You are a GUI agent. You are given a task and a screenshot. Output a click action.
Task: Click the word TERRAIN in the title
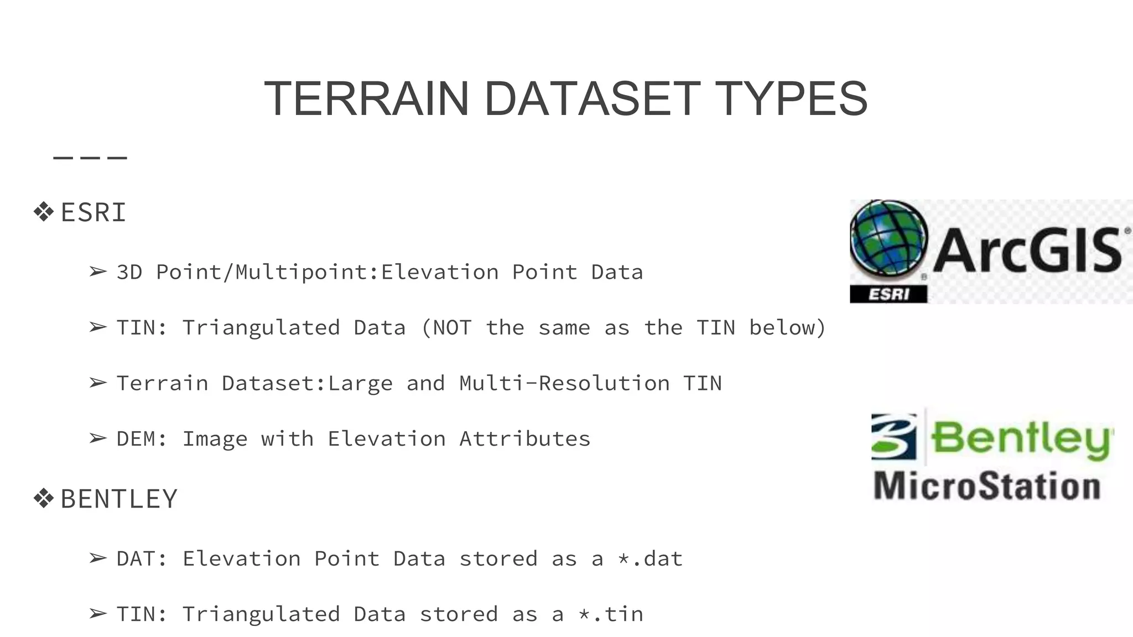[x=366, y=98]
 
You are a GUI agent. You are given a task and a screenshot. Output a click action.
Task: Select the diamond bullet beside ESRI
[x=43, y=212]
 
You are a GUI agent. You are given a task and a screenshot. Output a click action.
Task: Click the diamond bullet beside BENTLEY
[x=43, y=498]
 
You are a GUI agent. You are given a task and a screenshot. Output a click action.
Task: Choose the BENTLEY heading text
[x=119, y=499]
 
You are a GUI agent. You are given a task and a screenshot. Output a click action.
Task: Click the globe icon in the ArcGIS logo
[x=888, y=238]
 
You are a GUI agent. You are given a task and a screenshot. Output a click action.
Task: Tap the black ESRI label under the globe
[x=888, y=294]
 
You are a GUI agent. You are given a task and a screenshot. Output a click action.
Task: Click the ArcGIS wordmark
[x=1028, y=250]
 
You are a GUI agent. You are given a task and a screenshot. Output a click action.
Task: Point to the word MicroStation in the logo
[x=987, y=486]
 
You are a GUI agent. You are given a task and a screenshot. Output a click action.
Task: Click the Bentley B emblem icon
[x=893, y=437]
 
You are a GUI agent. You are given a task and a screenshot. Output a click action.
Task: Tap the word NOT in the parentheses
[x=451, y=328]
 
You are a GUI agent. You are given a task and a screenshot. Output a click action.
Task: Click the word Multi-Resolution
[x=564, y=383]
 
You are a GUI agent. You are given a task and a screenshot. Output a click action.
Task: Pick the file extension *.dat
[x=650, y=558]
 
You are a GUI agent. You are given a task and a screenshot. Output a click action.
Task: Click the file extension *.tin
[x=611, y=614]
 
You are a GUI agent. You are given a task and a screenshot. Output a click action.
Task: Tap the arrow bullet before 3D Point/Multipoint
[x=98, y=272]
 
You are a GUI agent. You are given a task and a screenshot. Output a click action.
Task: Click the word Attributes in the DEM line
[x=524, y=439]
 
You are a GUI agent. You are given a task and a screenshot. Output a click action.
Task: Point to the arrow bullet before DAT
[x=98, y=558]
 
